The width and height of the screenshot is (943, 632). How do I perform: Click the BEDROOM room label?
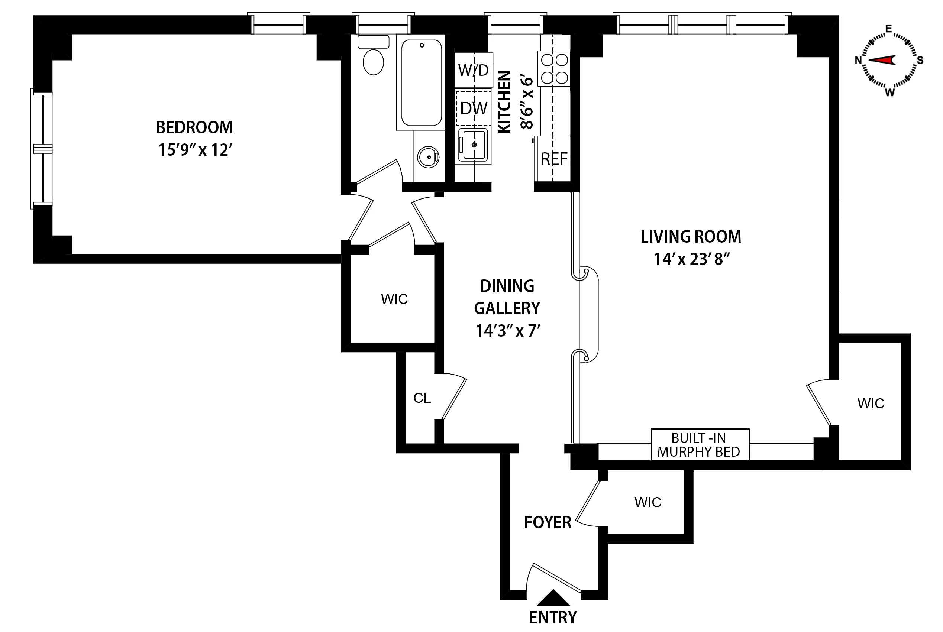point(194,127)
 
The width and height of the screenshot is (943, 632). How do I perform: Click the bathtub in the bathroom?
point(421,82)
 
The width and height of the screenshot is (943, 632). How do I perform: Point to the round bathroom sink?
point(428,157)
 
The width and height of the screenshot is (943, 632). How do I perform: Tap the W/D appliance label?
point(473,70)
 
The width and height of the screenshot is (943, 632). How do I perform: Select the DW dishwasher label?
point(474,108)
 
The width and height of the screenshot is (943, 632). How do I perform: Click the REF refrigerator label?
point(554,159)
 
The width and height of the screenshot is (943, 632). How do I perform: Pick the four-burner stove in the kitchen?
point(554,68)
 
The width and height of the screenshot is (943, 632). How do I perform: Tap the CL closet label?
point(422,398)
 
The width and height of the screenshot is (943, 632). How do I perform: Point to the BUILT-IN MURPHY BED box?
point(700,445)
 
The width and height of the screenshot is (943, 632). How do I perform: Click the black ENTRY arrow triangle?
point(553,599)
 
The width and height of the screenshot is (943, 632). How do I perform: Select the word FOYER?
point(548,522)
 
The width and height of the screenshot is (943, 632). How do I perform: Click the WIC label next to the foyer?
point(647,502)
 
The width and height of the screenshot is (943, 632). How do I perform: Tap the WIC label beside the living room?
point(871,403)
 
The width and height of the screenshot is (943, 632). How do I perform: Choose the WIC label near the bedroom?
point(394,299)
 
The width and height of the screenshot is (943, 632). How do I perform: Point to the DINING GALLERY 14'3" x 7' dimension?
point(508,331)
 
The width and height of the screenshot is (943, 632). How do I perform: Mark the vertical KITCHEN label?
point(504,101)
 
